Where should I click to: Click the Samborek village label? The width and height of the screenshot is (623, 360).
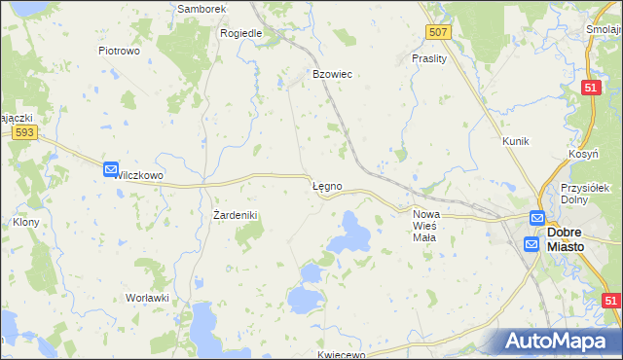(202, 8)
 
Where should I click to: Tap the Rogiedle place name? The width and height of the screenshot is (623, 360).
(241, 32)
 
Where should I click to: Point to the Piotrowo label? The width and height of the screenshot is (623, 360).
(121, 50)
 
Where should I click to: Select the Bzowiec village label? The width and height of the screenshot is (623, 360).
(331, 74)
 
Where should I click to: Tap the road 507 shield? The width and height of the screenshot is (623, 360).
(438, 33)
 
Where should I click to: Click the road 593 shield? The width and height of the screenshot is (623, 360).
(26, 133)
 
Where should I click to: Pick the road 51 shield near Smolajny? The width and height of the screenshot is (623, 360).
(590, 88)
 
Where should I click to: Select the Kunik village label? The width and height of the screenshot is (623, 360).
(515, 141)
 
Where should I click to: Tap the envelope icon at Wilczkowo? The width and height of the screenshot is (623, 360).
(111, 169)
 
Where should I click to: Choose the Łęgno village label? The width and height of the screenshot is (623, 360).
(325, 185)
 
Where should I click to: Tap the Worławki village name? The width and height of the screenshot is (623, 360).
(148, 297)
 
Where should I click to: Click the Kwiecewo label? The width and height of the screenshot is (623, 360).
(341, 355)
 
